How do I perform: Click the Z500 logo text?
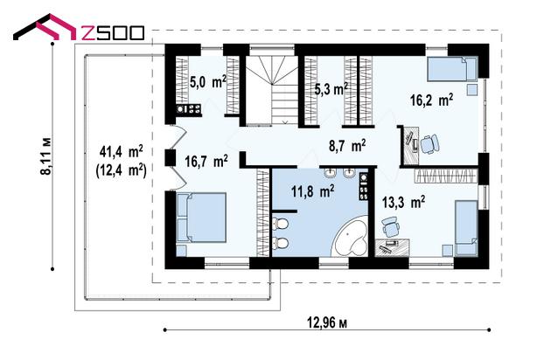[112, 33]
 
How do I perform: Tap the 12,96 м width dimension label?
[327, 322]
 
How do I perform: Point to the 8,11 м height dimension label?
[46, 156]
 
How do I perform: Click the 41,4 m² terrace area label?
[122, 151]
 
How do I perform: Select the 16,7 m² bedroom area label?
[206, 161]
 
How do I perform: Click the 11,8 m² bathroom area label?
[313, 191]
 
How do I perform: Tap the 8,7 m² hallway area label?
[347, 145]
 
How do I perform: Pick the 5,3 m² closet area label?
[331, 89]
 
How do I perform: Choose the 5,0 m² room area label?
[208, 82]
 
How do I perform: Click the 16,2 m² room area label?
[432, 100]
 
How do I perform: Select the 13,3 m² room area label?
[404, 202]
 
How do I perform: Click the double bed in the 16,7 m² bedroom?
[201, 218]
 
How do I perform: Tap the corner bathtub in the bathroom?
[350, 237]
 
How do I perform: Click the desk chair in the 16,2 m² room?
[429, 143]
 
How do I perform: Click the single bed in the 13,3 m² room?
[466, 228]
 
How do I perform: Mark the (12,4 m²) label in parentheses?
[122, 170]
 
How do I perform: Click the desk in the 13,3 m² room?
[392, 247]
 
